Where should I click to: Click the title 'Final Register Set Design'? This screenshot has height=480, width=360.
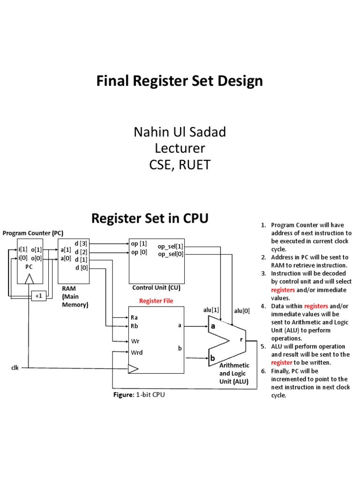pos(180,82)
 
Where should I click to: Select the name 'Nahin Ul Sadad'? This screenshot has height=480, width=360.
pos(180,133)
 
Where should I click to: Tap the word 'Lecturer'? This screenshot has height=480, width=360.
pos(180,149)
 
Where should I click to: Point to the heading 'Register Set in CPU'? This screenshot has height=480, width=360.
pos(150,218)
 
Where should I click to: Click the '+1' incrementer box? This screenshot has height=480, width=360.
pos(38,296)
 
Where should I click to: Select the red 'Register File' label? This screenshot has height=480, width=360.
pos(156,301)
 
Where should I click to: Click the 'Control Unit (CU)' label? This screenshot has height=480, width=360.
pos(156,288)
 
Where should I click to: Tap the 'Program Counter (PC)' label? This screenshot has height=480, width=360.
pos(33,233)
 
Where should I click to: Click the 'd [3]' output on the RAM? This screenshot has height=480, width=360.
pos(81,243)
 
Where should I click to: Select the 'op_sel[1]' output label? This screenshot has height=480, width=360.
pos(171,247)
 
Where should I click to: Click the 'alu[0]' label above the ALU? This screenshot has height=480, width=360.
pos(242,310)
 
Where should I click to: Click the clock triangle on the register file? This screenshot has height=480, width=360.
pos(133,369)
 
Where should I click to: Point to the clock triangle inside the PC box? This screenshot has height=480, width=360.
pos(30,279)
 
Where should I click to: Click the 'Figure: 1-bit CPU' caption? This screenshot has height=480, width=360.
pos(139,395)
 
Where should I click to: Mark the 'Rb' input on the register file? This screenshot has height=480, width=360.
pos(135,326)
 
